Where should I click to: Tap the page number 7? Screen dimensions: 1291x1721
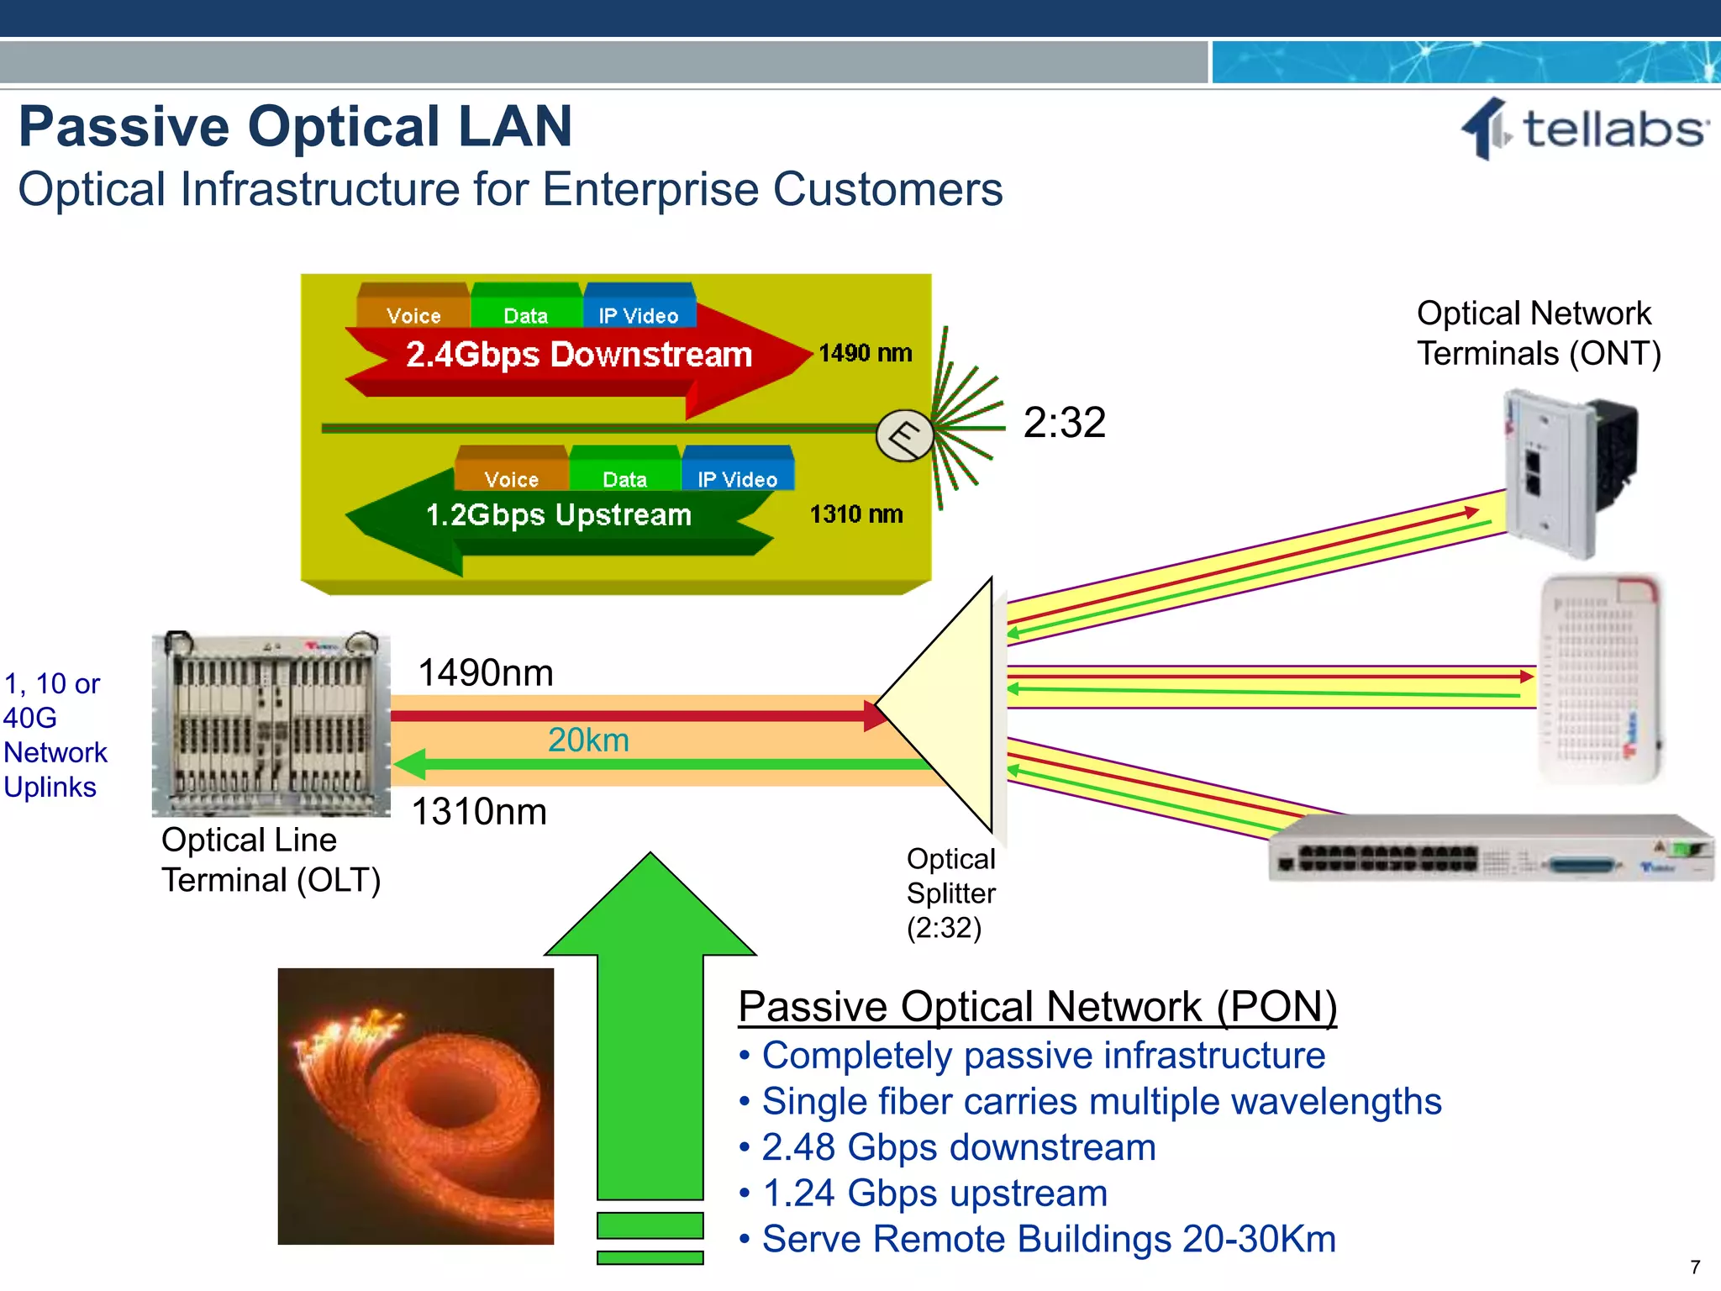coord(1695,1267)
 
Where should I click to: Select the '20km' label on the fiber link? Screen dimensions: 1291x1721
coord(588,740)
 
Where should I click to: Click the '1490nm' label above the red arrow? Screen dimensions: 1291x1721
coord(486,673)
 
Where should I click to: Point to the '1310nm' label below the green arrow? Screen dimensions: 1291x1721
coord(479,812)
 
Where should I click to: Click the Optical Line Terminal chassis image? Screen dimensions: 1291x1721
coord(271,724)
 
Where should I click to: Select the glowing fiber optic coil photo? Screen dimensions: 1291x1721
coord(416,1105)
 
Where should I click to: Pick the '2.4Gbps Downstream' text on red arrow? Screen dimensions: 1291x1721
coord(578,355)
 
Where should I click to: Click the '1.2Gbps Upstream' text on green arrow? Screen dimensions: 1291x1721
coord(559,514)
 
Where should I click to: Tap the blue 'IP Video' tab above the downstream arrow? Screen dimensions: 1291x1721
coord(639,314)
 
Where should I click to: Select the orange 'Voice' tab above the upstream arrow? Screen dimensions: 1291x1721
coord(511,477)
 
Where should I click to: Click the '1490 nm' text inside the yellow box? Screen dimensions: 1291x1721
coord(866,353)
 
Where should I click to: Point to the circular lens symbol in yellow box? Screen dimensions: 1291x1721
coord(904,435)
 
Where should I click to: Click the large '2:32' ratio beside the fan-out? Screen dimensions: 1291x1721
coord(1064,422)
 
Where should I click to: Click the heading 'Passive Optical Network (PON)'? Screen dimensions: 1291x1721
coord(1037,1006)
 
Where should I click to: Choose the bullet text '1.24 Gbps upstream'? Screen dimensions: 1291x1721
coord(934,1193)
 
